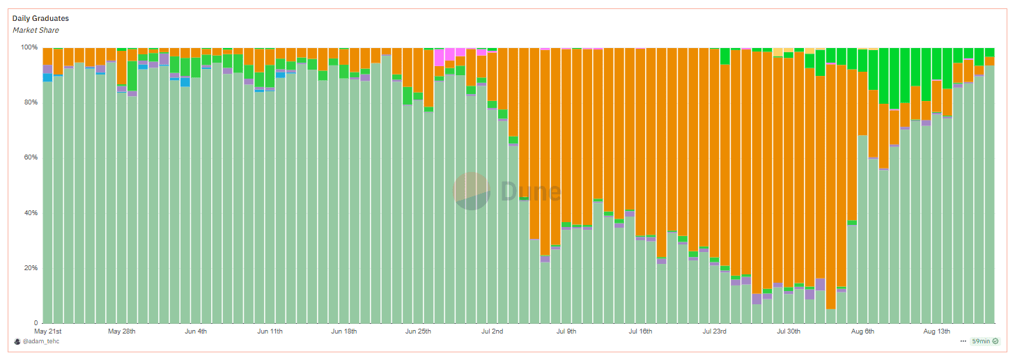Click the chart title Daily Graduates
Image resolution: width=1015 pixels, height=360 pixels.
[40, 18]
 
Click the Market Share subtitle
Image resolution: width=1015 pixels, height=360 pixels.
[36, 30]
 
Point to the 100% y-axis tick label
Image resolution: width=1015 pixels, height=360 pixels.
[29, 47]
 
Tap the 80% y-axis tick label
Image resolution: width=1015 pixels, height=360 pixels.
[30, 102]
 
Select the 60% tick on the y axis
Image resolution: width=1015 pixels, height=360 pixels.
[30, 157]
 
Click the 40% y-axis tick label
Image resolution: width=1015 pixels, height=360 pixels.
[30, 212]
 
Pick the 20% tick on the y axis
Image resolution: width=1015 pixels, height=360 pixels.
[30, 268]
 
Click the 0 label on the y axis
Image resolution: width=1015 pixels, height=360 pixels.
[36, 323]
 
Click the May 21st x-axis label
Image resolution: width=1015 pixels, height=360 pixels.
[48, 331]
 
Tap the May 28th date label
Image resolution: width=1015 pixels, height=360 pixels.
[122, 331]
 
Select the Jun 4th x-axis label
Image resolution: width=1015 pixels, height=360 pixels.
[196, 331]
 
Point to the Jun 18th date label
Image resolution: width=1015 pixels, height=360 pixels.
[344, 331]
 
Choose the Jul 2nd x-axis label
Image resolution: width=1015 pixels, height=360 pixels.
[492, 331]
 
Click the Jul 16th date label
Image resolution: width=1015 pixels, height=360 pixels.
[640, 331]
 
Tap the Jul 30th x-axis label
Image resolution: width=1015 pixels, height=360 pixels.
[789, 331]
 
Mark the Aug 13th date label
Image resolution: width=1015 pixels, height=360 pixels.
[936, 331]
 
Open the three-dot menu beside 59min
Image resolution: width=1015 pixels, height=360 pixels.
[963, 341]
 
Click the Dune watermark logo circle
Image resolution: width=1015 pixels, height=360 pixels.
[472, 191]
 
